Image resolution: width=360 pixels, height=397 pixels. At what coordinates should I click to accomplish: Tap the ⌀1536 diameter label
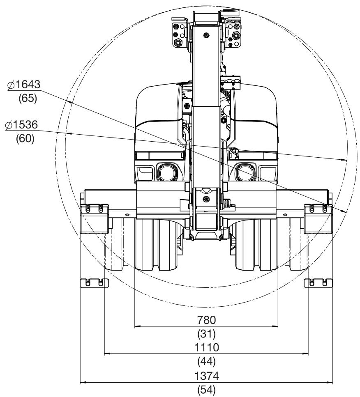(x=21, y=125)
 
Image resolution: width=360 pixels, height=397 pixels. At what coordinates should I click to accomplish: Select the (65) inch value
(x=28, y=98)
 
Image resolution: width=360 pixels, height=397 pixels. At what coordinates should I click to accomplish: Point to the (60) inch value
(x=25, y=138)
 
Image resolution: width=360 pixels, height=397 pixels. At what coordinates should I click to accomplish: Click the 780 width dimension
(x=207, y=320)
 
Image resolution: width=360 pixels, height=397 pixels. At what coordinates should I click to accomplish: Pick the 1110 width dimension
(x=207, y=347)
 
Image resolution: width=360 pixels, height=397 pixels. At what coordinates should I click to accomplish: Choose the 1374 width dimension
(x=207, y=376)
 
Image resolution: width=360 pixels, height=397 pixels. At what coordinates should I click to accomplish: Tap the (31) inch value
(x=207, y=334)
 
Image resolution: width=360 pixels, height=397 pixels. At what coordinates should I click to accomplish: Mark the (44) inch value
(x=207, y=361)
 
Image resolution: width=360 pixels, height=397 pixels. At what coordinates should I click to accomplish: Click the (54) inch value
(x=207, y=390)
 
